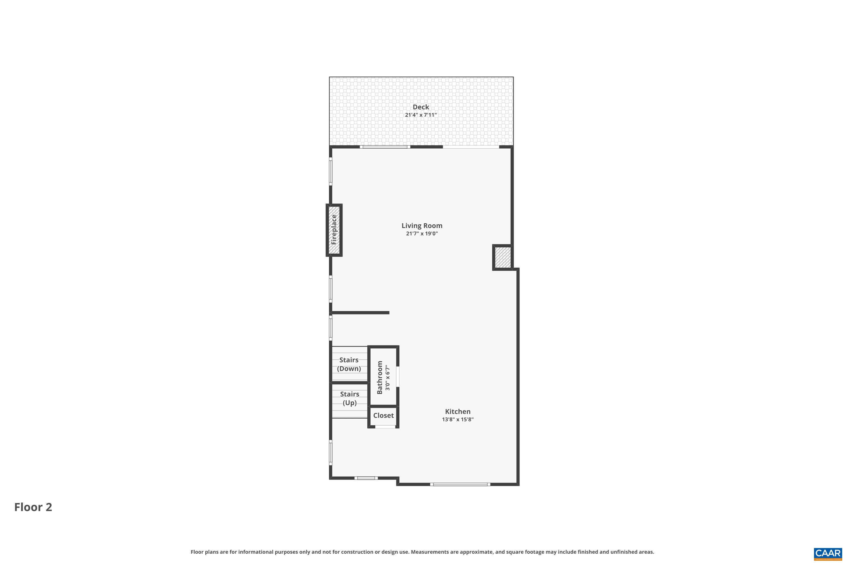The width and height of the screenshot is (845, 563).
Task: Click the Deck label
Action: tap(421, 107)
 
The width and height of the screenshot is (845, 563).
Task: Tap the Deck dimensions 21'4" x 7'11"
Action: tap(421, 115)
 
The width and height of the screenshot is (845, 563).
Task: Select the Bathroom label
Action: tap(379, 377)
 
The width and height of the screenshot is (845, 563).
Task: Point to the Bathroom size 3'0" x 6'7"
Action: tap(387, 378)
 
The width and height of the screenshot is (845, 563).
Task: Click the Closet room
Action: tap(383, 415)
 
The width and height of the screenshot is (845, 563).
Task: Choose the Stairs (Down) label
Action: tap(349, 364)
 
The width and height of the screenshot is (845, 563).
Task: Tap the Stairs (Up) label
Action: tap(349, 399)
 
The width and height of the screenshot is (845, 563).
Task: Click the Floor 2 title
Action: tap(33, 507)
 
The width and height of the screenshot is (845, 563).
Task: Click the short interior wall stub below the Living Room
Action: tap(360, 313)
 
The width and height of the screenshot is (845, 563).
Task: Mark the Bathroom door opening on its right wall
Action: tap(398, 376)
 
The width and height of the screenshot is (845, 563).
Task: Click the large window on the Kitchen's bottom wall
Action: tap(460, 484)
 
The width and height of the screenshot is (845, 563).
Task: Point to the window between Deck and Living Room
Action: tap(385, 147)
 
